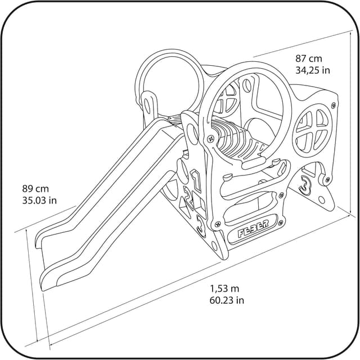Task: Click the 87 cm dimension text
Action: click(x=309, y=58)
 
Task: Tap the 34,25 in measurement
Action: click(x=313, y=70)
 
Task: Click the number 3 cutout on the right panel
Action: click(x=305, y=184)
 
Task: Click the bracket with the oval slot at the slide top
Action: click(x=149, y=105)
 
